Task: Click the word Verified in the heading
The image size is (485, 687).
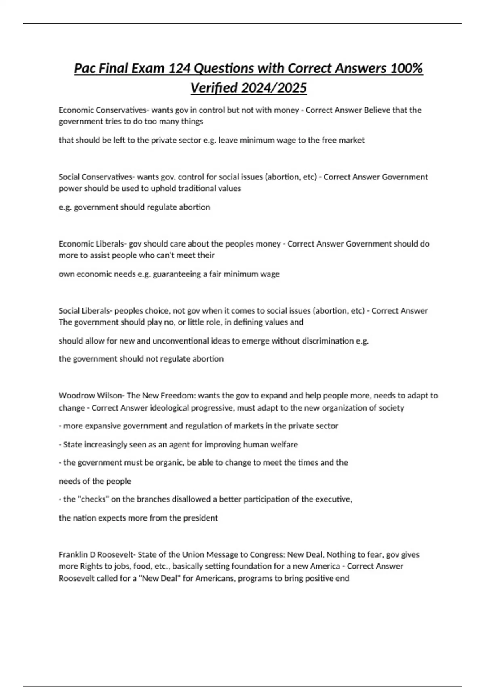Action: (213, 87)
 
